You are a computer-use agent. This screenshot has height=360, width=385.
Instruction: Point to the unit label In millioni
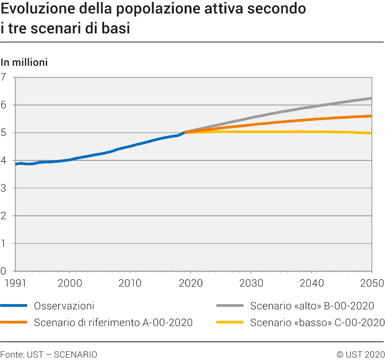[x=24, y=62]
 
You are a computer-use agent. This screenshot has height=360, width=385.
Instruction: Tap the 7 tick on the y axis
[x=4, y=77]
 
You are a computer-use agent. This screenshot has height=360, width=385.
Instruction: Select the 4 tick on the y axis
[x=4, y=160]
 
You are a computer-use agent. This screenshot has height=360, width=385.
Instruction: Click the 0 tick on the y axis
[x=4, y=271]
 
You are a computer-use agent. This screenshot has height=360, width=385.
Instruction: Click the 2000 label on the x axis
[x=70, y=283]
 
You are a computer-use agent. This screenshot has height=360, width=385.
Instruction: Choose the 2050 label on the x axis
[x=371, y=283]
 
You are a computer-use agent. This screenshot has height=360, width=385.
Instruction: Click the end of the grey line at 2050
[x=371, y=98]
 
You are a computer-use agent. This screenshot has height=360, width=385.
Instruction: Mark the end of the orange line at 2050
[x=371, y=116]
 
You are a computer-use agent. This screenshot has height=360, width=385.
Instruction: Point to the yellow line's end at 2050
[x=371, y=133]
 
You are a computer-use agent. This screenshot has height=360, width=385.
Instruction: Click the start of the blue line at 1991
[x=16, y=164]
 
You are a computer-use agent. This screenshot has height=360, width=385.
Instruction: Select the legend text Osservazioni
[x=64, y=306]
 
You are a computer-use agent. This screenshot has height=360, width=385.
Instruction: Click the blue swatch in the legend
[x=14, y=306]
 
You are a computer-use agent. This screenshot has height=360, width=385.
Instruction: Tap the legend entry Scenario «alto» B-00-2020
[x=312, y=306]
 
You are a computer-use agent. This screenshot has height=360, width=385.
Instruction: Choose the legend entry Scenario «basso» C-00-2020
[x=317, y=322]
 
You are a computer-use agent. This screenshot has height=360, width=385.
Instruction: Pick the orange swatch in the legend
[x=14, y=322]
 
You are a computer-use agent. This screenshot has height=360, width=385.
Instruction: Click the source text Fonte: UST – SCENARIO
[x=49, y=354]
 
